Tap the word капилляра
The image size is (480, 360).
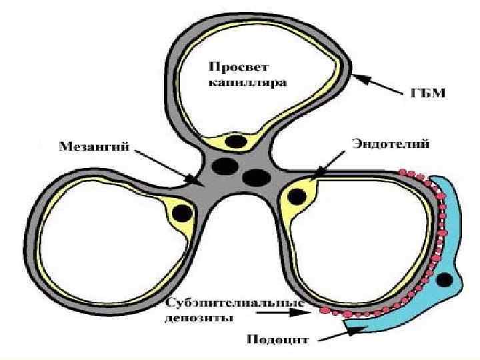pos(247,84)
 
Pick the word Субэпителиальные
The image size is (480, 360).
pos(233,305)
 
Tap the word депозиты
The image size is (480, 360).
pos(199,318)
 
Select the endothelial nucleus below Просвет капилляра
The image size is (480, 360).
pos(236,141)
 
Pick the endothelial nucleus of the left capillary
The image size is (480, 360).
pos(182,213)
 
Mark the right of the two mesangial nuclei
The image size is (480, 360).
pos(255,177)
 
